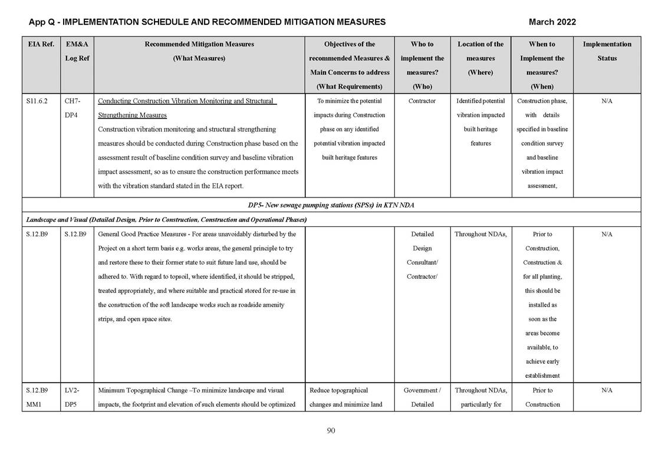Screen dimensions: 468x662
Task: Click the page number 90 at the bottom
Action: (331, 431)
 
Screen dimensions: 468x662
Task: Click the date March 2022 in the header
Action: (552, 22)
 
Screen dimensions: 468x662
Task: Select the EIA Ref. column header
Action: (39, 44)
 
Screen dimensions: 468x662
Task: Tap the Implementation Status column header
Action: (607, 51)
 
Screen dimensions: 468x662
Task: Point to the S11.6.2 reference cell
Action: (38, 101)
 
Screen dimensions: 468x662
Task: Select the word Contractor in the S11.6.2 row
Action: (422, 101)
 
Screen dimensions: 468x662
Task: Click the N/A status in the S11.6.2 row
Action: (607, 101)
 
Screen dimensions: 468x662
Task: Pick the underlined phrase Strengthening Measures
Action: (132, 116)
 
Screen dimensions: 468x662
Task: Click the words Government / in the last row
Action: (422, 390)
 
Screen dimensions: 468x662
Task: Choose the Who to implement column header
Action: (422, 51)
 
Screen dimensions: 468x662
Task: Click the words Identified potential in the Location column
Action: (480, 101)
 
